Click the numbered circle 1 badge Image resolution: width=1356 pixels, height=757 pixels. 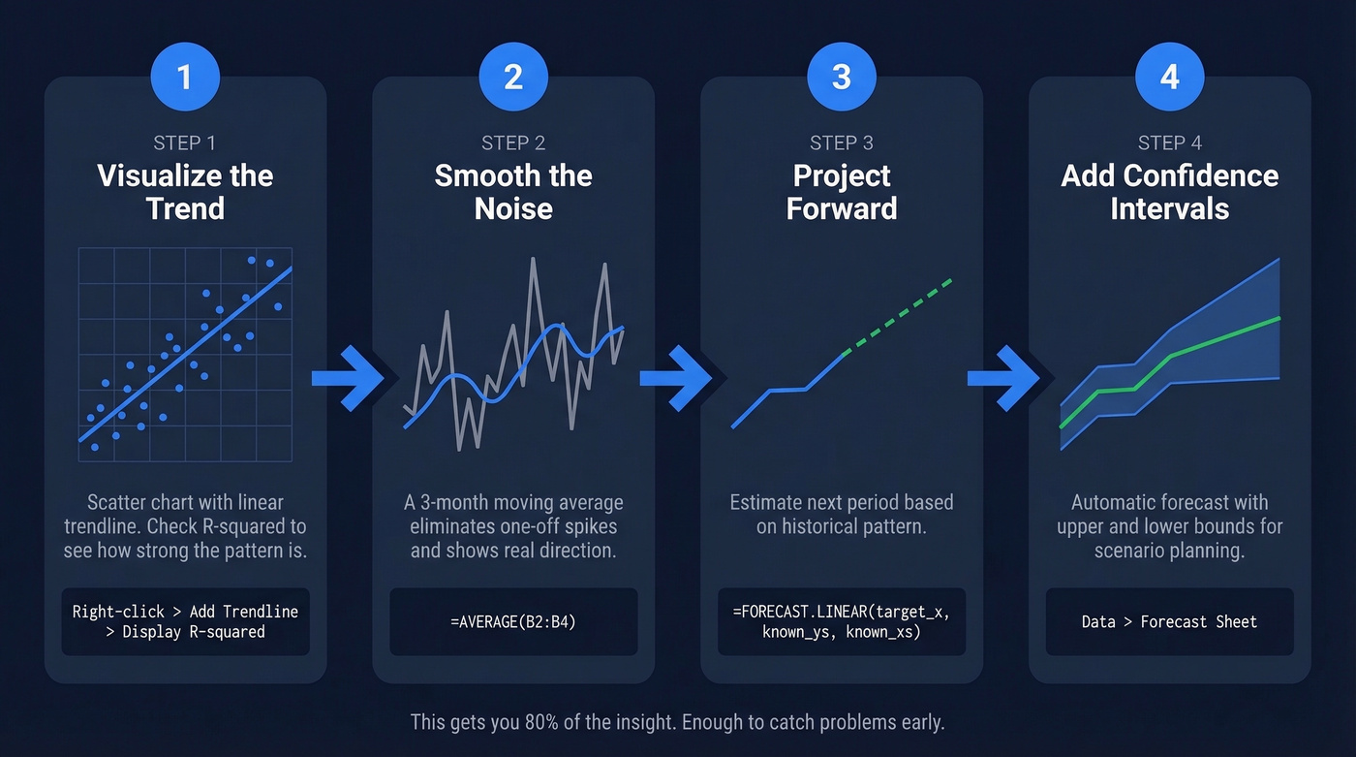185,76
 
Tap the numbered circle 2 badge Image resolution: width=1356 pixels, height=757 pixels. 513,76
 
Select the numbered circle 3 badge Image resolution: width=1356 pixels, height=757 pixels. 841,76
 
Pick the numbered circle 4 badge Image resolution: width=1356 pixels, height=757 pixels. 1169,76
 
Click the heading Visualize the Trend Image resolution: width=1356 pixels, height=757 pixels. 185,192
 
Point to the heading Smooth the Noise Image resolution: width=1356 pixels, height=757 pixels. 513,192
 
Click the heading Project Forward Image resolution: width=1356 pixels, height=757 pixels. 841,192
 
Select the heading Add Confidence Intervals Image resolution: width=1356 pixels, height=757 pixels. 1169,192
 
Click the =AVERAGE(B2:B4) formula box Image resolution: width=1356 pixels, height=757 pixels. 513,622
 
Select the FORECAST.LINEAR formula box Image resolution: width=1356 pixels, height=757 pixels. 841,622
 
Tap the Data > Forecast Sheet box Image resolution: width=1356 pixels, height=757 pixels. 1169,622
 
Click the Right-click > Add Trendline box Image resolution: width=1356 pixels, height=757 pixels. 185,622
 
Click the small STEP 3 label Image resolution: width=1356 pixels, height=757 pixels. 841,143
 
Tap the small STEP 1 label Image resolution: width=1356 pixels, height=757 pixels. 185,143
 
